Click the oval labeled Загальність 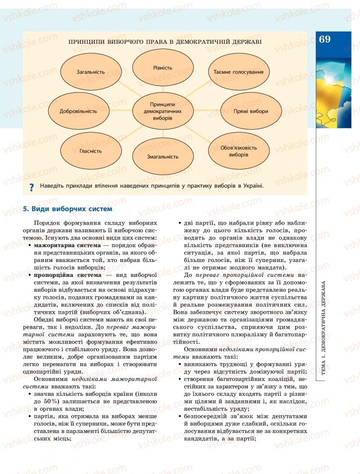coord(90,72)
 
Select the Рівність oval coord(162,68)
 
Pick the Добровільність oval coord(78,111)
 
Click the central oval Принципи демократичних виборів coord(162,110)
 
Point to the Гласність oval coord(90,151)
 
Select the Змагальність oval coord(162,157)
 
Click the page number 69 coord(324,39)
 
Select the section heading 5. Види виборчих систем coord(67,209)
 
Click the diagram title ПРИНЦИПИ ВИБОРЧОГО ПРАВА coord(165,41)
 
